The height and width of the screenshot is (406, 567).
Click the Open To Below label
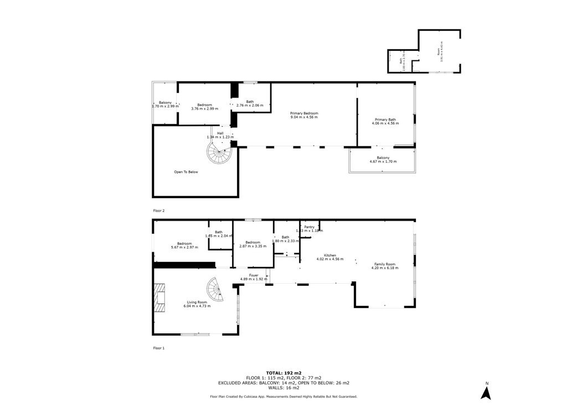[186, 172]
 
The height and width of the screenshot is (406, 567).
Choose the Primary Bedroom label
[304, 115]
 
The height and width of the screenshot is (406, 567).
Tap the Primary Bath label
[385, 121]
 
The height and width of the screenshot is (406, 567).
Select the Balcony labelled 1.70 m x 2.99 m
[165, 104]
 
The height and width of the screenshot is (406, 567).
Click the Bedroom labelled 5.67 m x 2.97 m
[184, 245]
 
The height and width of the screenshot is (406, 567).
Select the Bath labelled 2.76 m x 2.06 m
[250, 103]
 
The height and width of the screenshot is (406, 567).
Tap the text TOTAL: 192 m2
[283, 372]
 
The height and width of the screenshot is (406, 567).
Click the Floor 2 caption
[159, 210]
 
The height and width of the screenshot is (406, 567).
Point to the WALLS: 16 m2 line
[283, 388]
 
